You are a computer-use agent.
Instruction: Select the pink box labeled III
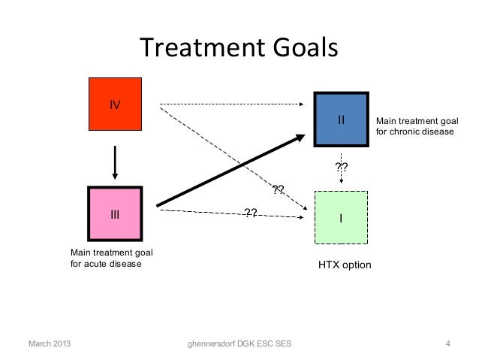click(115, 215)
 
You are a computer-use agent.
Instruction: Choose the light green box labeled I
click(341, 217)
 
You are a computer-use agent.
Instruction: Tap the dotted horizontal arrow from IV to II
click(233, 103)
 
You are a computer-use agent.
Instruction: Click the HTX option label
click(345, 266)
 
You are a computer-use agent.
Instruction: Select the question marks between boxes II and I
click(341, 167)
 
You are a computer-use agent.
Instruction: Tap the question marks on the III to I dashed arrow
click(251, 213)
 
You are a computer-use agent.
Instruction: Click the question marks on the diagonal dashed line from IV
click(278, 189)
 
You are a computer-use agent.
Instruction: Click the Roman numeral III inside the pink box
click(115, 215)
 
